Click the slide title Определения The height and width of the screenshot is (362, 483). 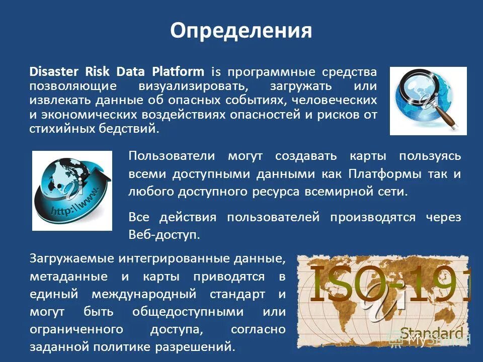pos(241,31)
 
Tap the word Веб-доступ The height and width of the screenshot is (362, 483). pos(165,235)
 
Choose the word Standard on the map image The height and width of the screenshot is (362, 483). pos(431,332)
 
